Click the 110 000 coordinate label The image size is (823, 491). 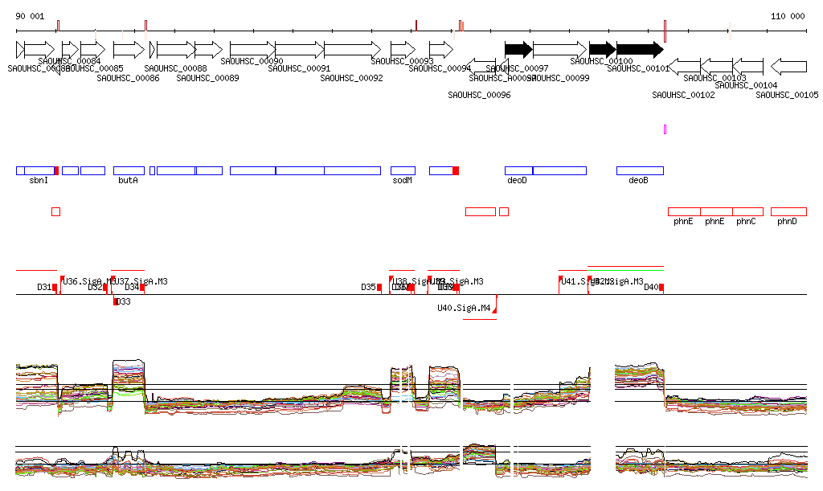788,16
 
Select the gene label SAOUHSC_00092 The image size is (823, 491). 351,78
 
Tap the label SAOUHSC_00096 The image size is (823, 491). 479,95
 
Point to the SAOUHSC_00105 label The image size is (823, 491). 787,95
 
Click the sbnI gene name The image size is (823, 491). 39,181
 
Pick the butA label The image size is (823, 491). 128,181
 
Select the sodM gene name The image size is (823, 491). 403,181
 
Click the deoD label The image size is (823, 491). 517,181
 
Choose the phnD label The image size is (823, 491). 787,221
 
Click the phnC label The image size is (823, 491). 746,221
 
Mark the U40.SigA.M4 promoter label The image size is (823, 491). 464,308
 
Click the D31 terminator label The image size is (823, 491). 44,287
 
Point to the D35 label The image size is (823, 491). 368,287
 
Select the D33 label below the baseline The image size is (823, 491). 123,302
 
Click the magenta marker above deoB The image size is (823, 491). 665,129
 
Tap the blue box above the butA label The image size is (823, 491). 129,170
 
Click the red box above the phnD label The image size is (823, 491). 788,211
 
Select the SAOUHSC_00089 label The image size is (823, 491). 207,78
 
